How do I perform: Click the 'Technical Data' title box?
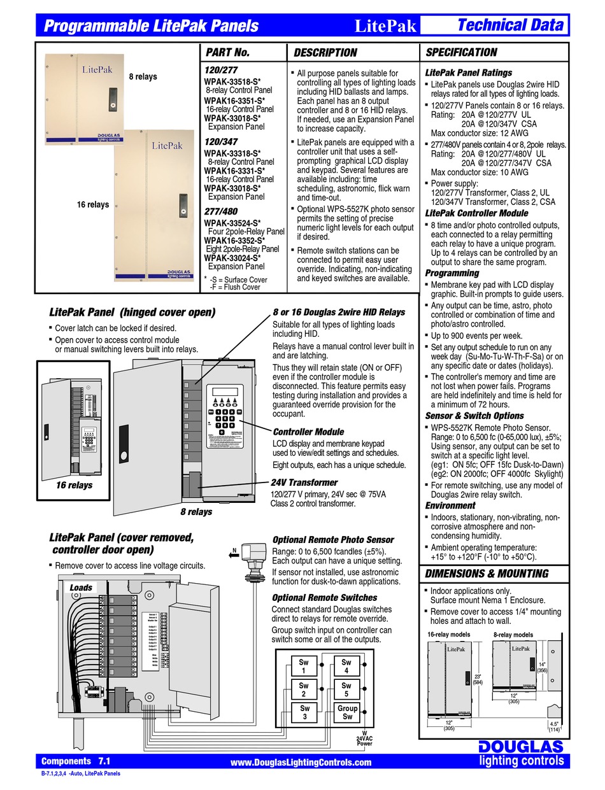pyautogui.click(x=510, y=25)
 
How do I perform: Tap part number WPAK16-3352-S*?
pyautogui.click(x=234, y=241)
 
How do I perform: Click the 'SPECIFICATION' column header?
pyautogui.click(x=461, y=52)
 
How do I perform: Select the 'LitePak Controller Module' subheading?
pyautogui.click(x=476, y=213)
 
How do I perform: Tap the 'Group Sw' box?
pyautogui.click(x=347, y=712)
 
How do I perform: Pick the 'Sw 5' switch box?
pyautogui.click(x=346, y=689)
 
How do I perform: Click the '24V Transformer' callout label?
pyautogui.click(x=304, y=483)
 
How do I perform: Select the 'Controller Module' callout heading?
pyautogui.click(x=308, y=432)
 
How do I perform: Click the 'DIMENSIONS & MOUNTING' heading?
pyautogui.click(x=487, y=574)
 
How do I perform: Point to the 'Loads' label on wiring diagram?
pyautogui.click(x=81, y=588)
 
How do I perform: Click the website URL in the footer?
pyautogui.click(x=300, y=763)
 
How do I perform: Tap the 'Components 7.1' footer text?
pyautogui.click(x=76, y=761)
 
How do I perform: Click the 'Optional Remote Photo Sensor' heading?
pyautogui.click(x=333, y=539)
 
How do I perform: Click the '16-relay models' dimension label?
pyautogui.click(x=448, y=635)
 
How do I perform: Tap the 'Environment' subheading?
pyautogui.click(x=450, y=505)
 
